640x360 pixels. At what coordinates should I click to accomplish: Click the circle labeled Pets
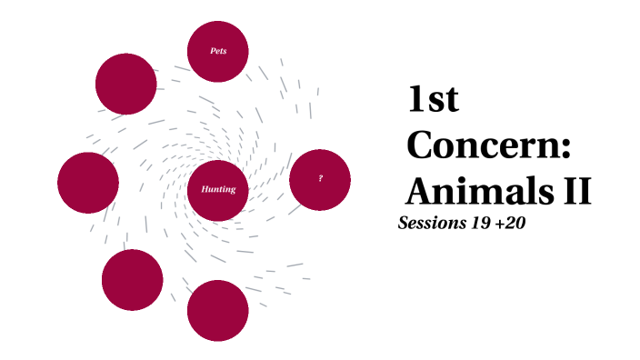pyautogui.click(x=218, y=51)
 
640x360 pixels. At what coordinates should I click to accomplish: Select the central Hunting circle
pyautogui.click(x=218, y=190)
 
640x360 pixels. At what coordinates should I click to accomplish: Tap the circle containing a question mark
pyautogui.click(x=320, y=179)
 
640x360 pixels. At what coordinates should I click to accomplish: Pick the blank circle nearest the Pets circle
pyautogui.click(x=126, y=84)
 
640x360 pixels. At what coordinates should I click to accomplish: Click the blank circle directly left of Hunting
pyautogui.click(x=88, y=183)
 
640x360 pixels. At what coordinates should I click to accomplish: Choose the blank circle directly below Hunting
pyautogui.click(x=218, y=311)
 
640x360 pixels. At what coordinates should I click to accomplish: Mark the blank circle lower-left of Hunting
pyautogui.click(x=133, y=279)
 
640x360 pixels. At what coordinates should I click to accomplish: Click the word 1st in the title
pyautogui.click(x=433, y=101)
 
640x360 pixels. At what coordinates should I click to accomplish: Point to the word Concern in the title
pyautogui.click(x=482, y=145)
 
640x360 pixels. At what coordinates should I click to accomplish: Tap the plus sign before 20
pyautogui.click(x=501, y=224)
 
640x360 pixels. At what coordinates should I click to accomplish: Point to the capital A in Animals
pyautogui.click(x=420, y=191)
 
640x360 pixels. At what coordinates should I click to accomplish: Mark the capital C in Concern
pyautogui.click(x=421, y=145)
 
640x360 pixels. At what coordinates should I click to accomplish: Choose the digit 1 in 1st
pyautogui.click(x=416, y=101)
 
